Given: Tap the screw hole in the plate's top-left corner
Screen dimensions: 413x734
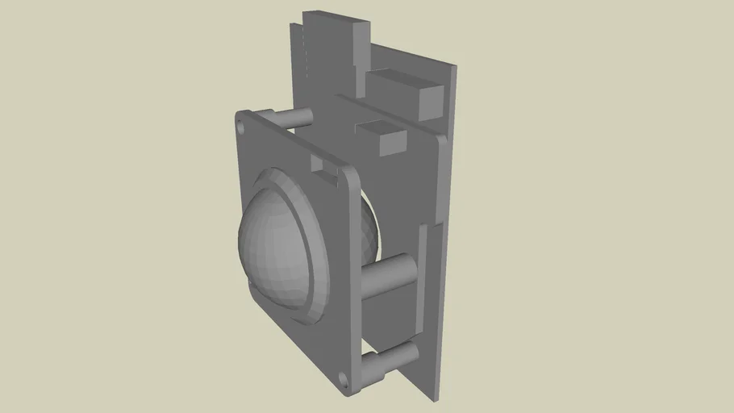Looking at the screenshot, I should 240,125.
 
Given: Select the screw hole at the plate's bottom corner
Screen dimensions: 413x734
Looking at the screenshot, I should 344,376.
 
